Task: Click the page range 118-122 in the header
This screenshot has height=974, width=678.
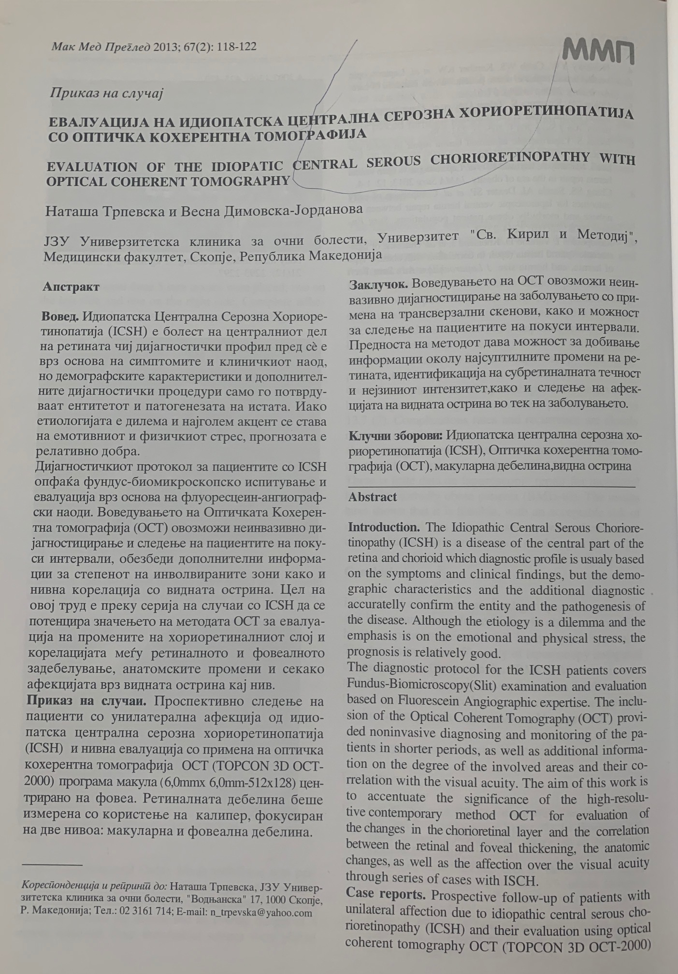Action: [x=237, y=47]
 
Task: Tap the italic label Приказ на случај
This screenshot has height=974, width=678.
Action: [x=106, y=93]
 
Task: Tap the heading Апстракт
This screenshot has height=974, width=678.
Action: [x=71, y=287]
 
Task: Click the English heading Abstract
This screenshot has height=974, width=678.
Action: [x=373, y=497]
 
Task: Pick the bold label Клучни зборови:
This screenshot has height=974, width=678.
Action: [x=395, y=435]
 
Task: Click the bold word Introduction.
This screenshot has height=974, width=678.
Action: [x=384, y=527]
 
